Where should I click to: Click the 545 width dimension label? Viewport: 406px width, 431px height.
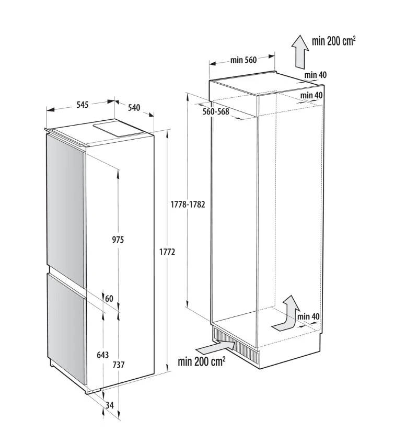point(83,105)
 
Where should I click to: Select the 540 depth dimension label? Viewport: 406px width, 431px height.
point(134,107)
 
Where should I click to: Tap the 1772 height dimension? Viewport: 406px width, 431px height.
point(167,252)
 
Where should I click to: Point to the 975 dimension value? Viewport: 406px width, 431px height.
point(118,240)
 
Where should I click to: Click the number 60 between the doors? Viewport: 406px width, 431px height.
point(109,298)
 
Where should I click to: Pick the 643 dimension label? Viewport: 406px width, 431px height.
point(102,355)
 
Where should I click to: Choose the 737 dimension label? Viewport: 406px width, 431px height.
point(119,365)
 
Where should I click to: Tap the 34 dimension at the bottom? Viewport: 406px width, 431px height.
point(110,405)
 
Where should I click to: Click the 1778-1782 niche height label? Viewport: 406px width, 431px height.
point(188,205)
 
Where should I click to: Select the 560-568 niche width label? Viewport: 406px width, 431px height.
point(216,111)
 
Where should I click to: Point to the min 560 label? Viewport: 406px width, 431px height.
point(243,60)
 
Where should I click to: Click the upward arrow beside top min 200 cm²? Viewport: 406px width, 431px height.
point(300,51)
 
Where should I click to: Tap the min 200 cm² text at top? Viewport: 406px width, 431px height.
point(334,41)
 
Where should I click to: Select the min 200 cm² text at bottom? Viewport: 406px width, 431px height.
point(202,361)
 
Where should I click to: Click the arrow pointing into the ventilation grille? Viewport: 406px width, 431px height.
point(216,347)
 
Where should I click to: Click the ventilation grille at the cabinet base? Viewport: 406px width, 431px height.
point(236,345)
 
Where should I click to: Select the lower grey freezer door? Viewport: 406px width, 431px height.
point(66,327)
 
